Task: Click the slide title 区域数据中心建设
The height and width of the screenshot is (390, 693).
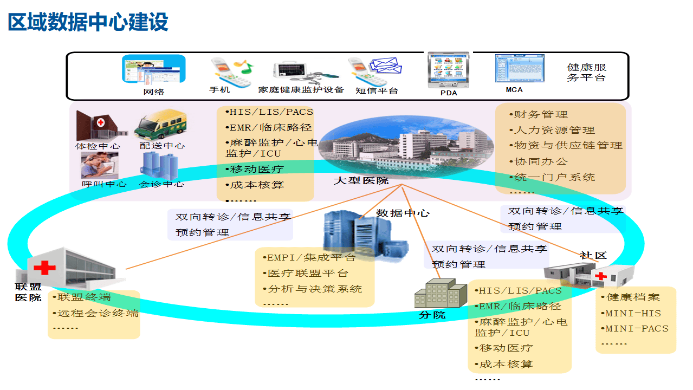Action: coord(88,23)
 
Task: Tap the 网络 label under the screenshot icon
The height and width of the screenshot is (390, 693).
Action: coord(154,92)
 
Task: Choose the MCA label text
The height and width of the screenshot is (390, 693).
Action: coord(514,90)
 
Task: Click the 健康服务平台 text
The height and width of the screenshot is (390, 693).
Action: coord(586,73)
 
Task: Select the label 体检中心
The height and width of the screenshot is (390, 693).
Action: coord(98,146)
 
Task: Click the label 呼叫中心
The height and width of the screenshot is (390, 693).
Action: coord(104,184)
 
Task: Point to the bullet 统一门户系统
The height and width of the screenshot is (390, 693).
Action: coord(553,177)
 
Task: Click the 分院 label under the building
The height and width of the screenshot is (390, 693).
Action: coord(432,315)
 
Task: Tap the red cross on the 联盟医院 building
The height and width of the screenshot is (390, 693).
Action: coord(44,267)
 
